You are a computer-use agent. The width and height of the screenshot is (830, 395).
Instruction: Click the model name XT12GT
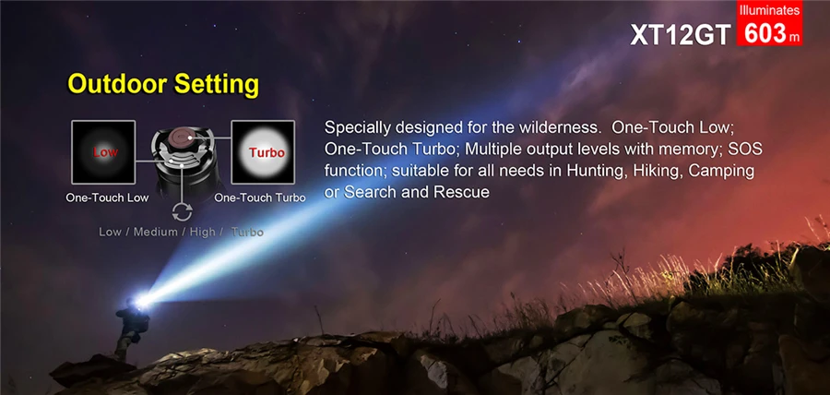point(680,34)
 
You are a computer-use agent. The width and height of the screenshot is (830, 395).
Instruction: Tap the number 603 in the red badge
point(765,33)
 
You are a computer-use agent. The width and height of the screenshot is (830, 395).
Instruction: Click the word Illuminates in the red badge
point(769,9)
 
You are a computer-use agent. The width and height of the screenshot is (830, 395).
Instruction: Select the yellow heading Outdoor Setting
point(163,84)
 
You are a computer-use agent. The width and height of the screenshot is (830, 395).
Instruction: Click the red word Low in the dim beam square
point(105,152)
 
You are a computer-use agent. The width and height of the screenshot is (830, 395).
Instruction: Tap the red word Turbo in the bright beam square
point(267,153)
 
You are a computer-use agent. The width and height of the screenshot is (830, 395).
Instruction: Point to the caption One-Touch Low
point(107,197)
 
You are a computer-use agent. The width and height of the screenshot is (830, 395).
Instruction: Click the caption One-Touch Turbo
point(260,197)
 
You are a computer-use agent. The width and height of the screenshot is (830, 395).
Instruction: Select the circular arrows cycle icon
point(182,211)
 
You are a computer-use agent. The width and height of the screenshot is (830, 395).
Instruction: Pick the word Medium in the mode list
point(155,232)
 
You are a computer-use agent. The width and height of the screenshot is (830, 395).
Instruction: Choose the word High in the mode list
point(202,232)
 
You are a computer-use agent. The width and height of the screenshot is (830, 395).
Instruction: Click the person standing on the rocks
point(130,327)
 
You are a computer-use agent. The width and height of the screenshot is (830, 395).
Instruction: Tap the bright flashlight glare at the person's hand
point(142,300)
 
